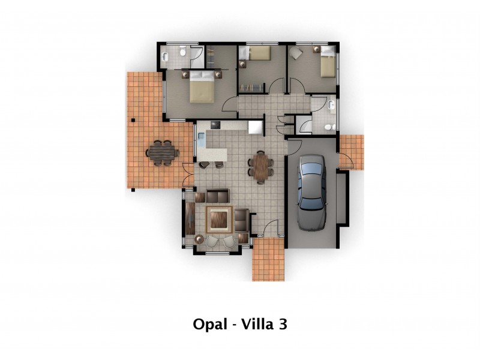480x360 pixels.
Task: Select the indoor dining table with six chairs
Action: click(x=261, y=166)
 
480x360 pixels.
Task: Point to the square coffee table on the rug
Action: click(x=219, y=218)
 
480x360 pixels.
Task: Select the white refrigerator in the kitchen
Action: click(x=256, y=127)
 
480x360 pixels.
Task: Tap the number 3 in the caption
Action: click(x=282, y=325)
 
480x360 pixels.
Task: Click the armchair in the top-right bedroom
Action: click(x=298, y=53)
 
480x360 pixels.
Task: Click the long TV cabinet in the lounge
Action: click(x=190, y=219)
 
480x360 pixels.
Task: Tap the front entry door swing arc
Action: click(x=269, y=229)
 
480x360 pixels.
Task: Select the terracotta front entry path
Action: click(x=268, y=259)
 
